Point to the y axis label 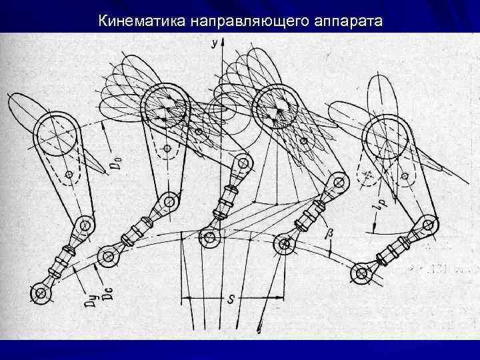(x=213, y=43)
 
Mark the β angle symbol (x=328, y=234)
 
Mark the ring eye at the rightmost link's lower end (x=361, y=271)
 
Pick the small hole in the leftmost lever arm (x=69, y=175)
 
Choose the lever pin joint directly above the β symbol (x=338, y=181)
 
